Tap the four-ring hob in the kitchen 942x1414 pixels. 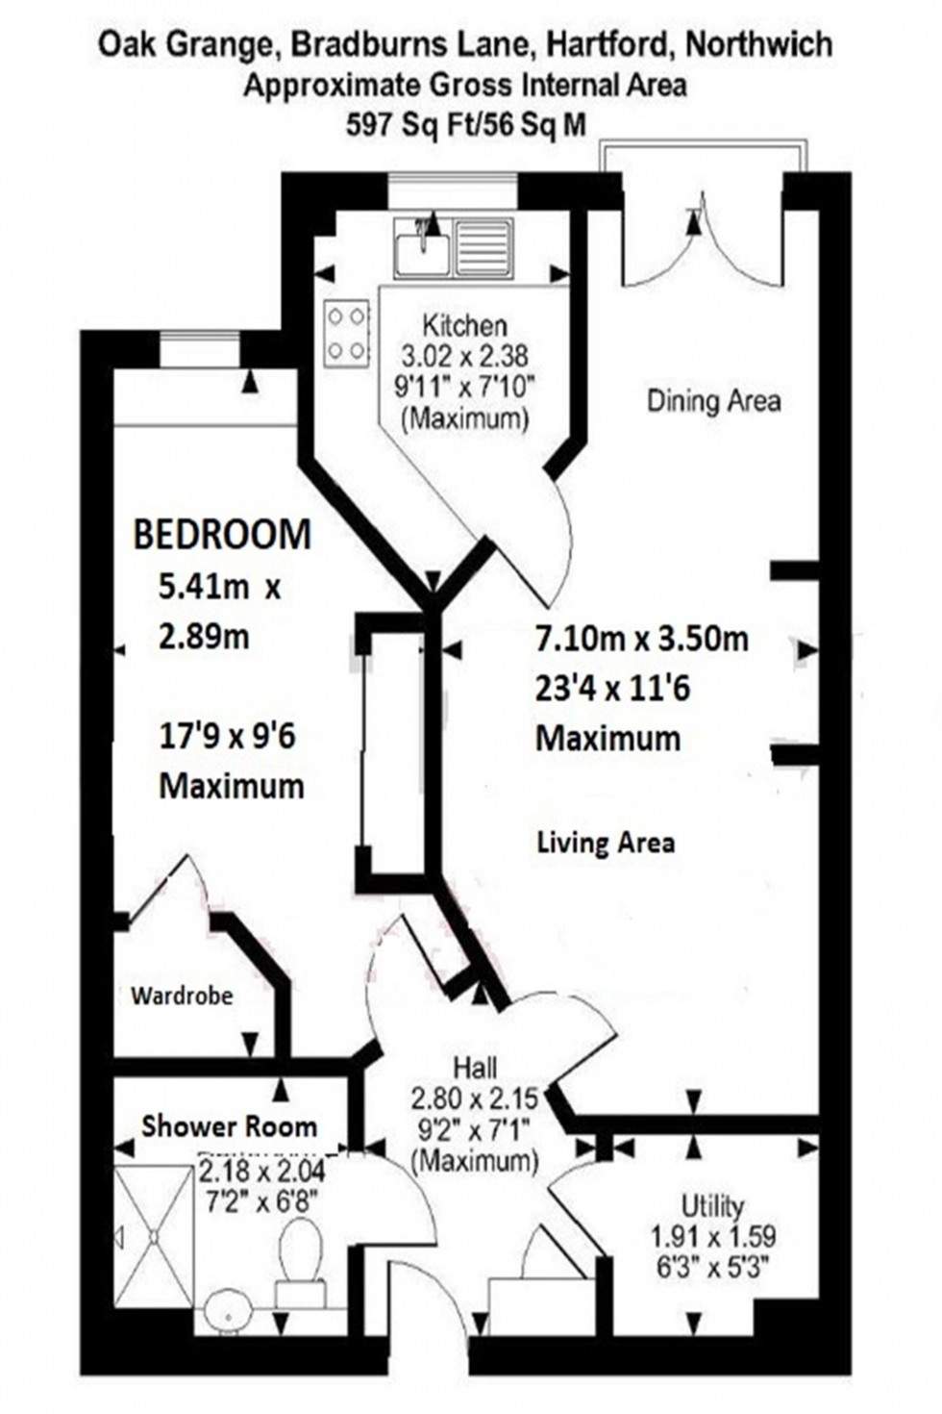pyautogui.click(x=347, y=334)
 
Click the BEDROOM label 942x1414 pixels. pyautogui.click(x=222, y=535)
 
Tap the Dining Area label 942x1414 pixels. pyautogui.click(x=713, y=400)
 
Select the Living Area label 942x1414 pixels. pyautogui.click(x=606, y=844)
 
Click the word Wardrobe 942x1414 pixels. pyautogui.click(x=182, y=996)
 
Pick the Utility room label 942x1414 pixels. pyautogui.click(x=712, y=1205)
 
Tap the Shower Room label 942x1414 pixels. pyautogui.click(x=229, y=1126)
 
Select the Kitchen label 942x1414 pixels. pyautogui.click(x=465, y=325)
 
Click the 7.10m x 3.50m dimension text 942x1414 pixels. pyautogui.click(x=641, y=639)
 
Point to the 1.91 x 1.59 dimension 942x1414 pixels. pyautogui.click(x=713, y=1236)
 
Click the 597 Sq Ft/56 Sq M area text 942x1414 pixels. pyautogui.click(x=465, y=125)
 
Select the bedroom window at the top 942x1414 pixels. pyautogui.click(x=200, y=348)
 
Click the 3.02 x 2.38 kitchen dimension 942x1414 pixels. pyautogui.click(x=465, y=356)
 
